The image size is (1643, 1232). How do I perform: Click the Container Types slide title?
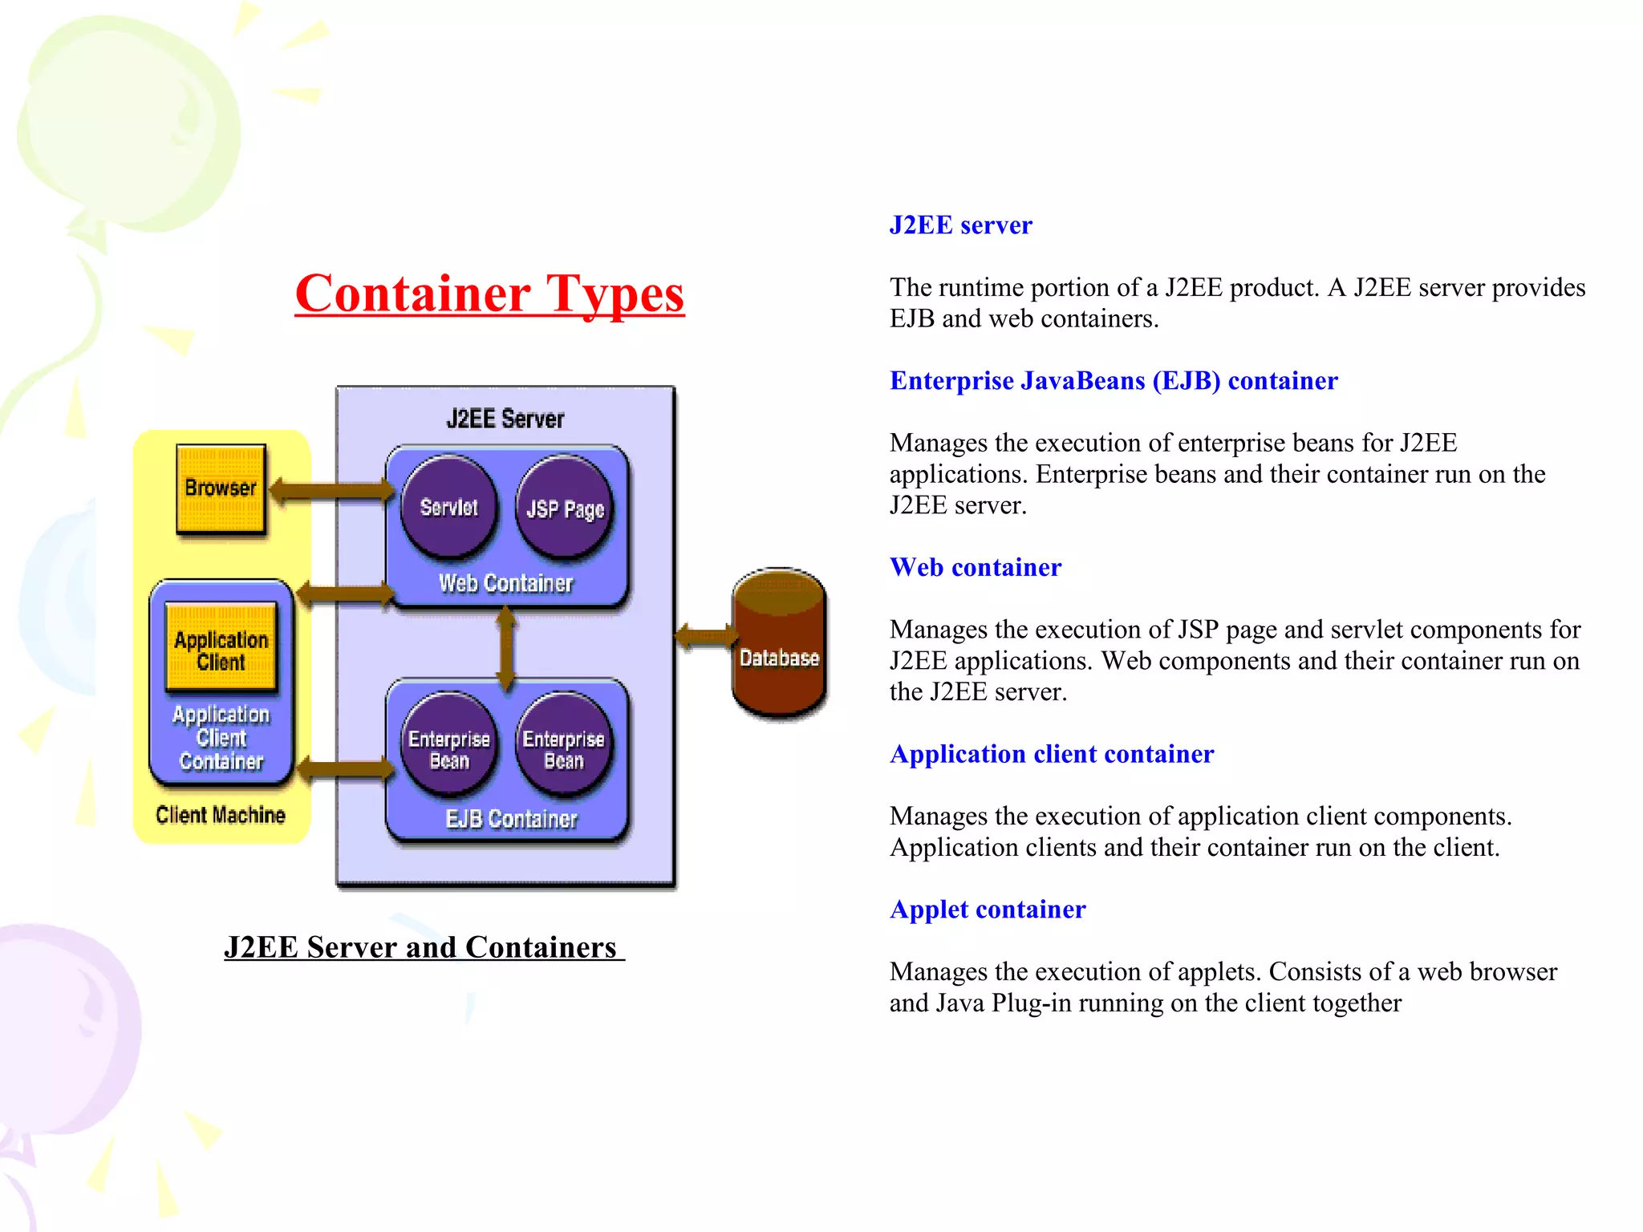point(489,294)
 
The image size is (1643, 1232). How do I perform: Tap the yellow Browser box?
point(221,488)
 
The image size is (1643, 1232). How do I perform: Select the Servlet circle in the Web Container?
point(449,507)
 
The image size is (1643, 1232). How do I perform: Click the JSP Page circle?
point(565,509)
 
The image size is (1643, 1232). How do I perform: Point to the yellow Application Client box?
point(221,649)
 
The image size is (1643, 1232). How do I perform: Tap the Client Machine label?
point(221,815)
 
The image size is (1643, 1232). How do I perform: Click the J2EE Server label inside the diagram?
point(505,419)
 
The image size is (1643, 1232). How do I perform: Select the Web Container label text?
point(505,583)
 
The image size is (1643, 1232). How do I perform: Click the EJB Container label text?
point(511,819)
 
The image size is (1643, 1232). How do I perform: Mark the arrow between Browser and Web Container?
point(331,490)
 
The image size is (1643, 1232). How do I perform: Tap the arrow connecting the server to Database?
point(704,637)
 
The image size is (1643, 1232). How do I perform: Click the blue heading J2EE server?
point(960,225)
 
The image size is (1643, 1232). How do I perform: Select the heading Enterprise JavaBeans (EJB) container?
point(1114,381)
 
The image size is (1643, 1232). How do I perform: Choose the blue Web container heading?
point(976,568)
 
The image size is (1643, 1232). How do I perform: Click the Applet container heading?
point(988,910)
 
